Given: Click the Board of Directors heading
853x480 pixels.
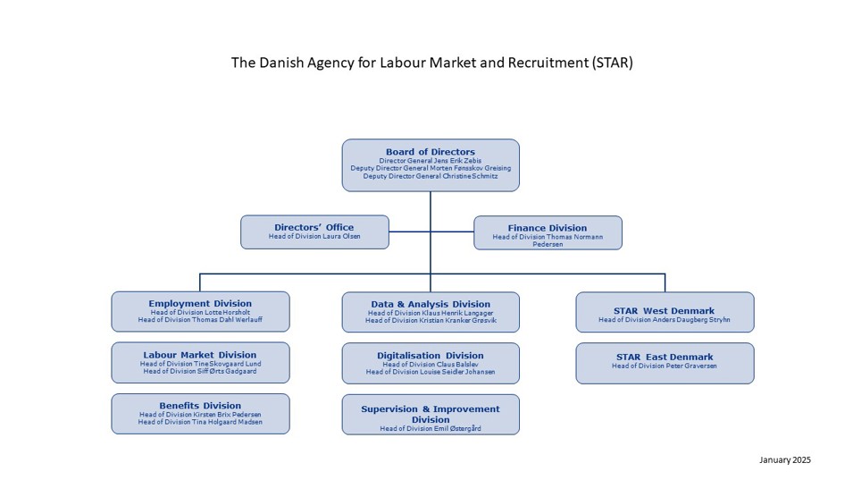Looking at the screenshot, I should pyautogui.click(x=430, y=152).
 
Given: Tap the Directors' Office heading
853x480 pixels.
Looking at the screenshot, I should pyautogui.click(x=314, y=227).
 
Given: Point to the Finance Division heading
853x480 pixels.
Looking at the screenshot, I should pyautogui.click(x=548, y=228).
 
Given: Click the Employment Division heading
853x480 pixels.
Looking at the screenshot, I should pyautogui.click(x=200, y=304).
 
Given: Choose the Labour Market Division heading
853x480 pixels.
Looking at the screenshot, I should pyautogui.click(x=200, y=355).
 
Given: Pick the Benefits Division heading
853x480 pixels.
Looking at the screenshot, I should pyautogui.click(x=200, y=406).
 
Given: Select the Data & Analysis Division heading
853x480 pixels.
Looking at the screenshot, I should pyautogui.click(x=431, y=304).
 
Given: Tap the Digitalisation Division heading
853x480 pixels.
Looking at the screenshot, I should pyautogui.click(x=431, y=356).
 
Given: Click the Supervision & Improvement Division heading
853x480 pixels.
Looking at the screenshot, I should pyautogui.click(x=431, y=414).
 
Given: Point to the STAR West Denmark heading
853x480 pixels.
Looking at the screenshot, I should pyautogui.click(x=665, y=311).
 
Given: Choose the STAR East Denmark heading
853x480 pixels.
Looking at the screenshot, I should pyautogui.click(x=665, y=358).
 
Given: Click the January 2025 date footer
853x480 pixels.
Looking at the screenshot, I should pyautogui.click(x=785, y=459).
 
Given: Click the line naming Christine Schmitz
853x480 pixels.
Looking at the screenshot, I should pyautogui.click(x=431, y=177).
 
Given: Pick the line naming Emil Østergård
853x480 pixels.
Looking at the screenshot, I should pyautogui.click(x=431, y=429).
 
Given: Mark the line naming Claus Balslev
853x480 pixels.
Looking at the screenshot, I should pyautogui.click(x=431, y=365).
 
